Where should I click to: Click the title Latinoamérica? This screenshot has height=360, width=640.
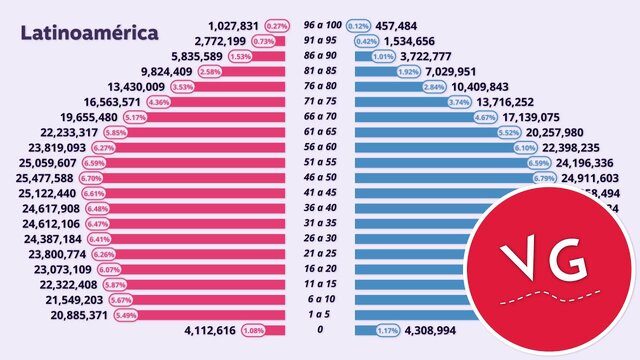click(x=89, y=32)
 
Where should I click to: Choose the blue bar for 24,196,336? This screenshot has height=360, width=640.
click(x=440, y=162)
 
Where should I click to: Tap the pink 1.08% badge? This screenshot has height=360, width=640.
click(x=254, y=330)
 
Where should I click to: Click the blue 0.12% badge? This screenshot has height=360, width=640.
click(x=359, y=26)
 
